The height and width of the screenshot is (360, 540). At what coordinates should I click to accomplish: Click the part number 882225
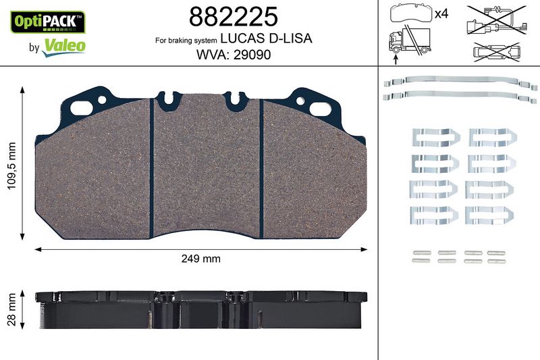pos(233,16)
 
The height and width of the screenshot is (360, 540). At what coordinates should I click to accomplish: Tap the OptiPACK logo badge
pos(48,22)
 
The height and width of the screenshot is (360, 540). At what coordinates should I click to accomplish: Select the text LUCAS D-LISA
pos(266,38)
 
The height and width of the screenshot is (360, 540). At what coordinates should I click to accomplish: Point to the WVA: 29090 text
pos(234,55)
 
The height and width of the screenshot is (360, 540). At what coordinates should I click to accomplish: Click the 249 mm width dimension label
pos(200,259)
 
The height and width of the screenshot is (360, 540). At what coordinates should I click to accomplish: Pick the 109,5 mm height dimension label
pos(12,165)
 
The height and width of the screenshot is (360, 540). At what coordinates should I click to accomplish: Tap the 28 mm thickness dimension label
pos(12,309)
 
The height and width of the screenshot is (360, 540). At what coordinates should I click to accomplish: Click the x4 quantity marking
pos(441,14)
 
